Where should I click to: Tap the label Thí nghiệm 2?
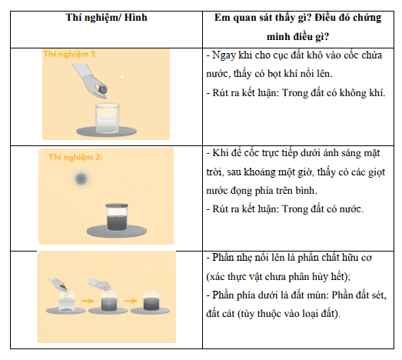[75, 156]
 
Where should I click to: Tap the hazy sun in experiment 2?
[81, 180]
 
